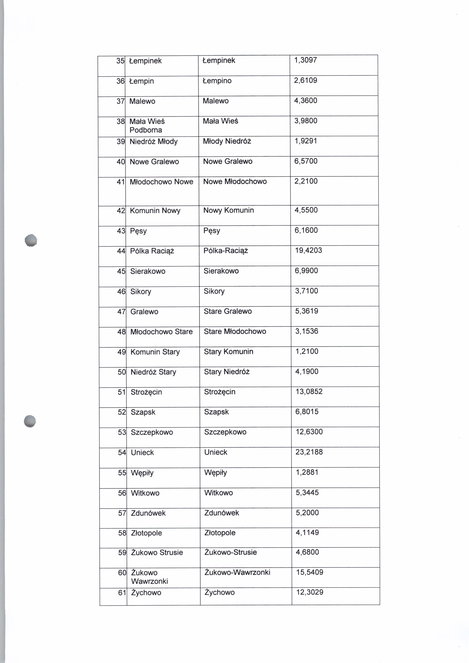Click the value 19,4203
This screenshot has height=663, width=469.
click(308, 250)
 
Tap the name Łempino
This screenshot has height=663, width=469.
click(217, 81)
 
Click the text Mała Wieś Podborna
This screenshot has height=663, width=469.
click(147, 126)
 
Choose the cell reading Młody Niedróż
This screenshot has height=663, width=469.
click(227, 141)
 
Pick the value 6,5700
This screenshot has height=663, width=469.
click(306, 161)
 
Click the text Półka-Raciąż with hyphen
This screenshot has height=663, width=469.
click(226, 251)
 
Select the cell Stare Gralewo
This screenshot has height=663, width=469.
click(228, 311)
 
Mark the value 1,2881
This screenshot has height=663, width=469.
click(307, 472)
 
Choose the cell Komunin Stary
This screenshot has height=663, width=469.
click(155, 352)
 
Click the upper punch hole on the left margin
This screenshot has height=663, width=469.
click(31, 240)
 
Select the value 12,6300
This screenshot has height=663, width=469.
click(309, 432)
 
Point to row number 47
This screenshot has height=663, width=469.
click(121, 312)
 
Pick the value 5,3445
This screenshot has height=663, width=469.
click(307, 493)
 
